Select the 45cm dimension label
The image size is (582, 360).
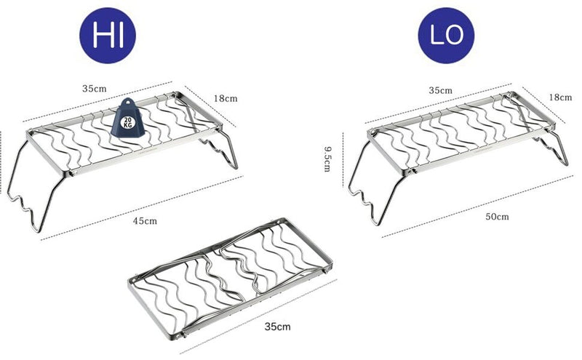[143, 219]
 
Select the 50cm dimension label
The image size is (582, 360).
[497, 216]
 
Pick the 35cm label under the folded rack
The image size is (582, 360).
[278, 327]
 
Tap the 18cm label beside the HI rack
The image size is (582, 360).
[226, 97]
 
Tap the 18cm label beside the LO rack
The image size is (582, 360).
[559, 96]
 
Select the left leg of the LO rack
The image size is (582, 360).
[368, 182]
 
